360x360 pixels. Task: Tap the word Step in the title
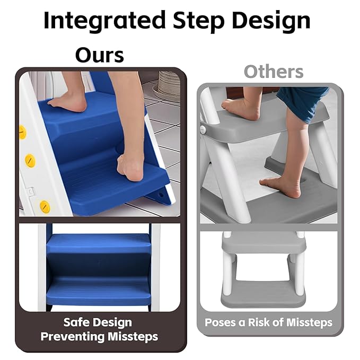195,20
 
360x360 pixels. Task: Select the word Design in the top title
270,20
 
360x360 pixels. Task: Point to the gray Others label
274,72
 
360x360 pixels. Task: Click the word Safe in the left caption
76,322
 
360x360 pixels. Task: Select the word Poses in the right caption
219,322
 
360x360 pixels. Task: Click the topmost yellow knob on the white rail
22,132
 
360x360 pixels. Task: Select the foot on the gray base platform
280,186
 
